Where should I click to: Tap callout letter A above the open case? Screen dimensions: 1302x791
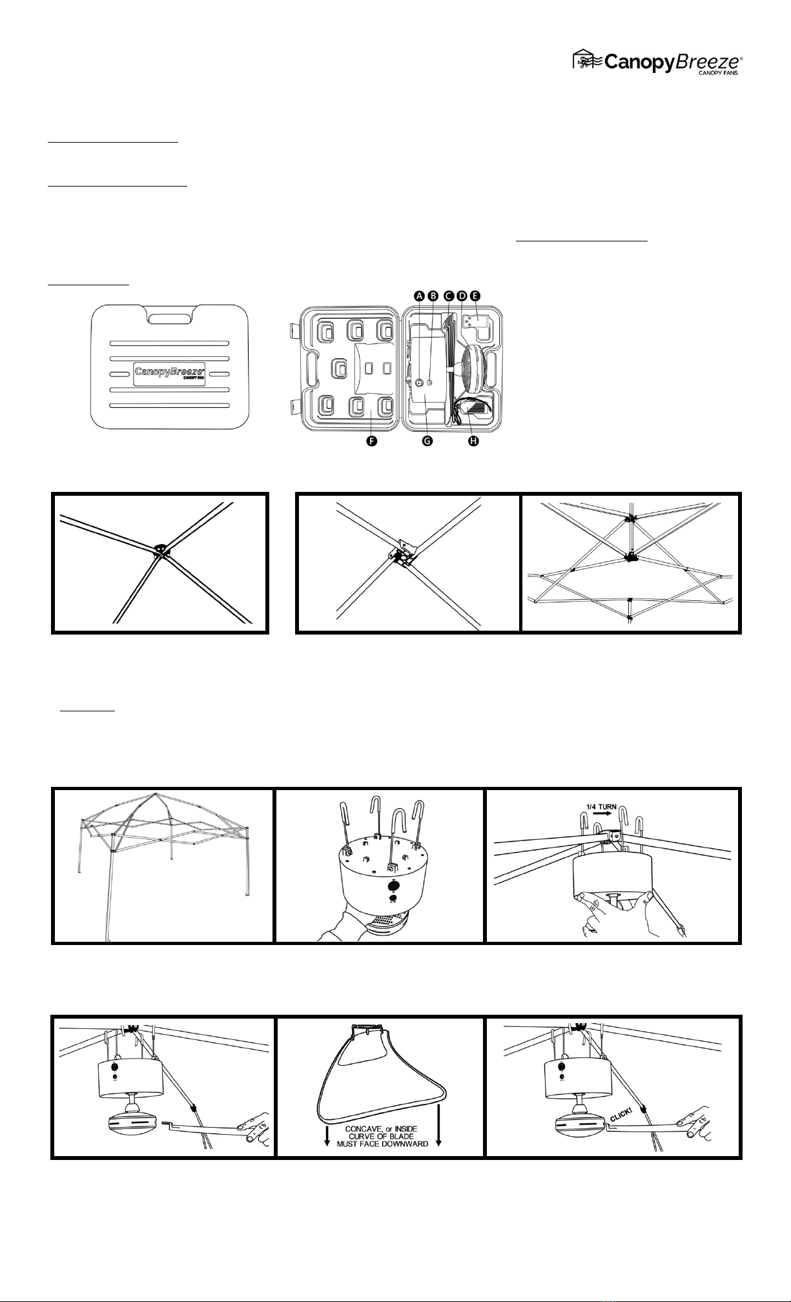(x=419, y=296)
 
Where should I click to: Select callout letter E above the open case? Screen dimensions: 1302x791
(x=476, y=296)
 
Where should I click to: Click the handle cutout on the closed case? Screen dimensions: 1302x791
(x=169, y=318)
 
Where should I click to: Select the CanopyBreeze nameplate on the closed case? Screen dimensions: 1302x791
(x=169, y=373)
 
